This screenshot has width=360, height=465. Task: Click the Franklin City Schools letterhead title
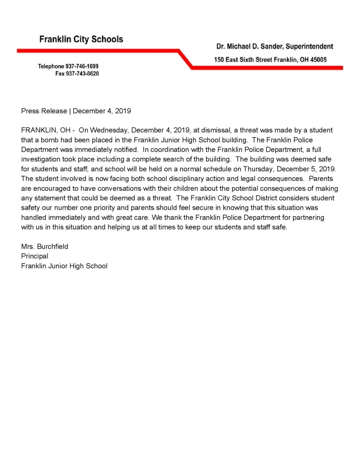click(x=81, y=39)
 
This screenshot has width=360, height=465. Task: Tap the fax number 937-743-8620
click(x=82, y=74)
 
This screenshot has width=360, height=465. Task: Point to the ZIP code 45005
click(x=318, y=60)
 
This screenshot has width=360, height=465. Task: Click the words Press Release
click(x=44, y=111)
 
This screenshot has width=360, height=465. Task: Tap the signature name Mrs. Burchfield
click(x=44, y=246)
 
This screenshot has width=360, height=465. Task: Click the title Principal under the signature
click(x=34, y=256)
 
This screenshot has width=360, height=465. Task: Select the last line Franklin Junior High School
click(x=64, y=266)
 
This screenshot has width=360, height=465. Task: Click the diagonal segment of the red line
click(x=185, y=59)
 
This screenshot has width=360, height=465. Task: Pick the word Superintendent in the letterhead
click(x=309, y=47)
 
